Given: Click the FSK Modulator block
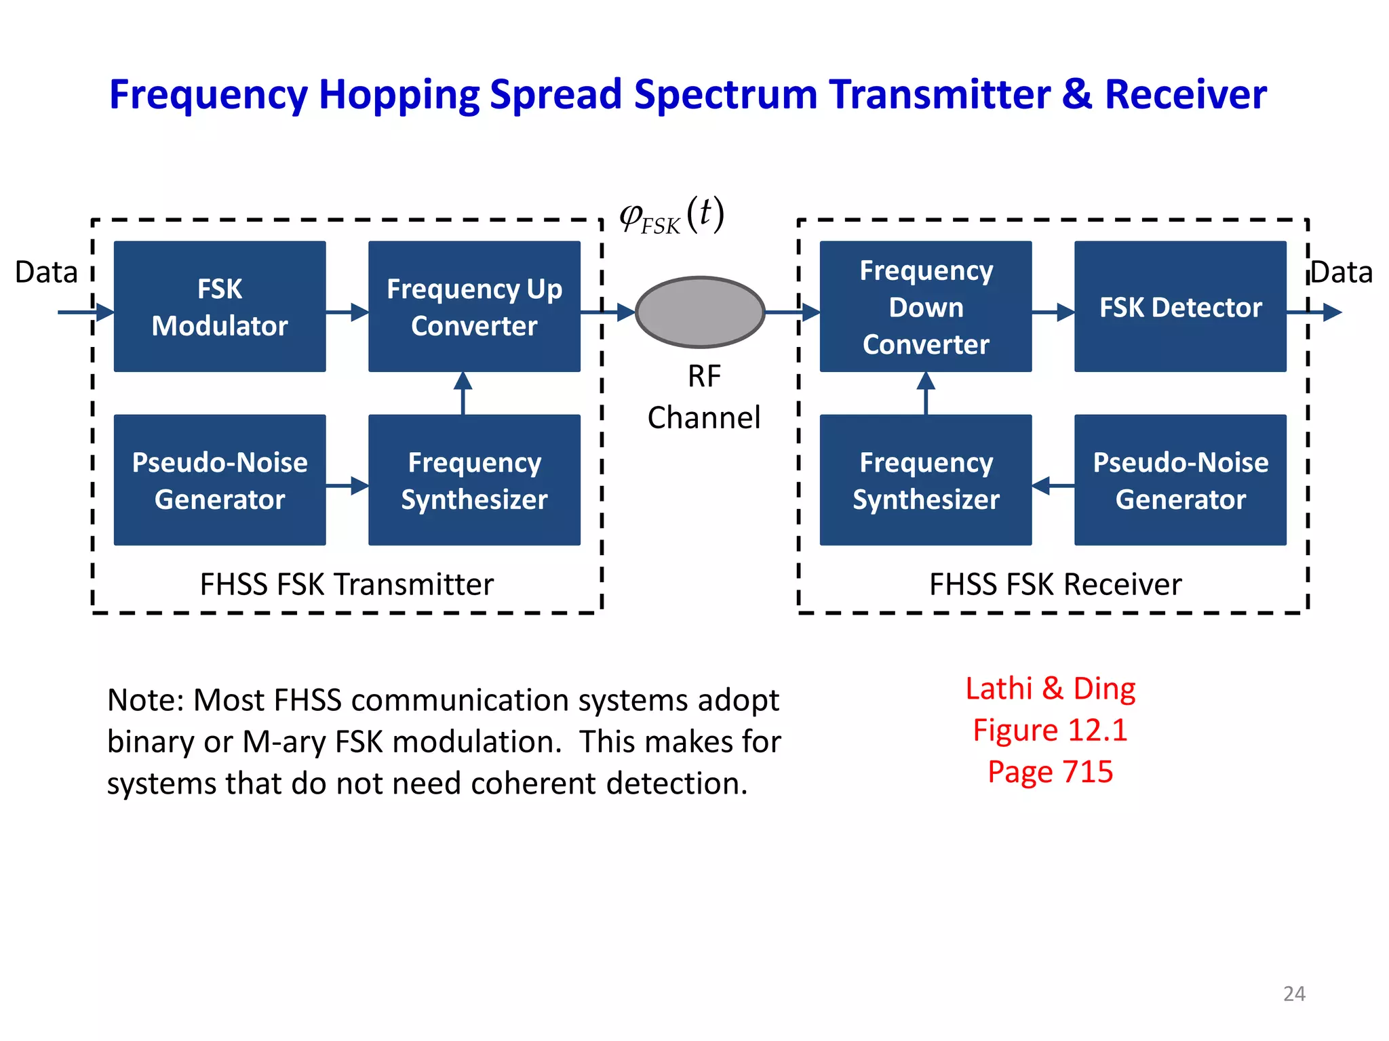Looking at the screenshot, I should (220, 306).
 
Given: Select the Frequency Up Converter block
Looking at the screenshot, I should (474, 306).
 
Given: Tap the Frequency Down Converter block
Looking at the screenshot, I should (926, 306).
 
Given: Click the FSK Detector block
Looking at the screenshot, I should (1180, 306).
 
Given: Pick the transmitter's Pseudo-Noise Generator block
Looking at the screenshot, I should (220, 480).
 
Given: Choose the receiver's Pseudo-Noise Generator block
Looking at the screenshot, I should (1180, 480).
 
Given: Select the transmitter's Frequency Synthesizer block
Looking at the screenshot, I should (474, 480).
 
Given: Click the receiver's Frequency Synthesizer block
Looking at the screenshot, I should (926, 480).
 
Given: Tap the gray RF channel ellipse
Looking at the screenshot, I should (701, 312).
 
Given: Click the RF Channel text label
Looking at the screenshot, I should (704, 397).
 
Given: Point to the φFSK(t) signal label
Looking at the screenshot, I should (671, 216).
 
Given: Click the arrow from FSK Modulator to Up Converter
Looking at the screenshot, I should (347, 312).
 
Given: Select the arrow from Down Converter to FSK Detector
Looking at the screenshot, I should (1053, 312).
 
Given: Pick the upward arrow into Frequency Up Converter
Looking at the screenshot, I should (463, 393).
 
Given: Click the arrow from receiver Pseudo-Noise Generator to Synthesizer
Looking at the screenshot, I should (1053, 485).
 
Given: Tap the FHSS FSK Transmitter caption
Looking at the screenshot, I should (347, 584).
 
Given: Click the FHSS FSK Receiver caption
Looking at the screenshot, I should (1055, 584).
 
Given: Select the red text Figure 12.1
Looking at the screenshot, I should (1050, 730).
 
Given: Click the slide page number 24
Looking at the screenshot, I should (1294, 994).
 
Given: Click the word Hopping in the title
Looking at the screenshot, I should (399, 94).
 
